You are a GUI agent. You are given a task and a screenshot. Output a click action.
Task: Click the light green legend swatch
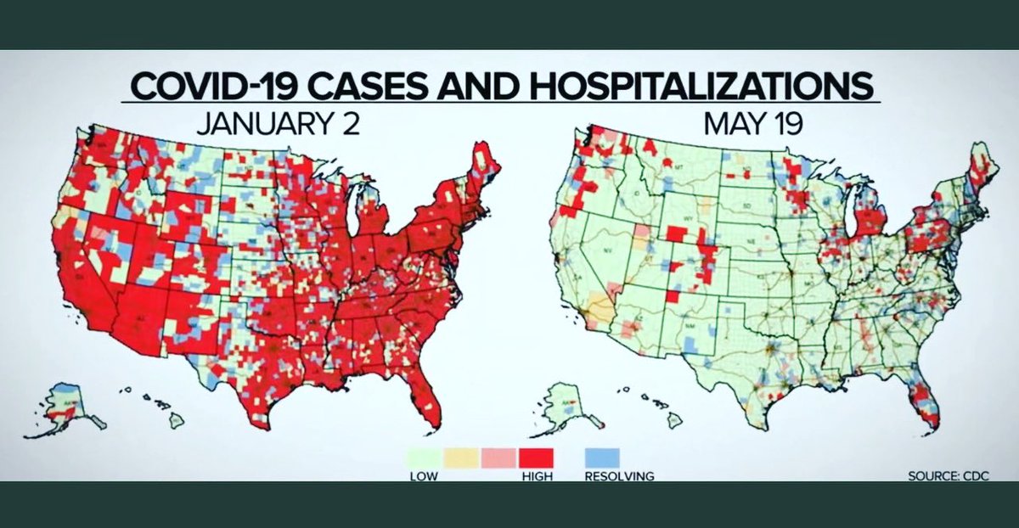424,458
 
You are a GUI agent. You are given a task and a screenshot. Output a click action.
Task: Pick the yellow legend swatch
461,458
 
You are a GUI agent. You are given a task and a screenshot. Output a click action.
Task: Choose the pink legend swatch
498,458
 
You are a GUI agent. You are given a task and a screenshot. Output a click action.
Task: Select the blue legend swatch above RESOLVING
602,458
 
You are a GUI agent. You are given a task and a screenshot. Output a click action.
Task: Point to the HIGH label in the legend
537,477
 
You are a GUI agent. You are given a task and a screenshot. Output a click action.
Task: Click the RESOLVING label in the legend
619,477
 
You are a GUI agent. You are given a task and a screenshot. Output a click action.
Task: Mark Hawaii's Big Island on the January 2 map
177,420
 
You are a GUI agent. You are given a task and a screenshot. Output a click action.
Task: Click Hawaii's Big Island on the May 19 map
675,419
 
